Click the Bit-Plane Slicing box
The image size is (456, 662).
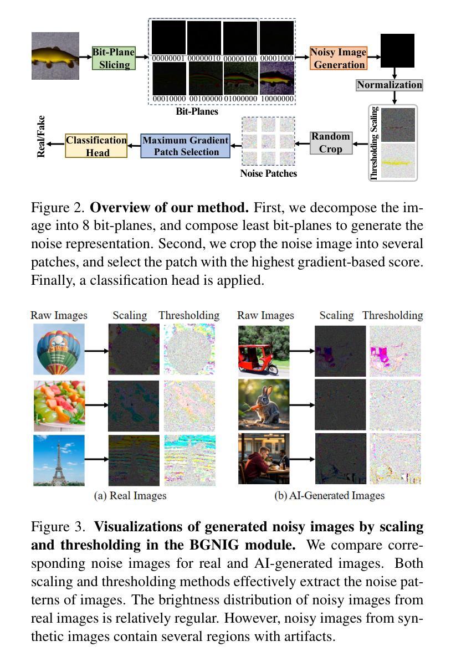coord(114,58)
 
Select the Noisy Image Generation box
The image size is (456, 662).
coord(338,58)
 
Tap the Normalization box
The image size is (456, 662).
coord(389,85)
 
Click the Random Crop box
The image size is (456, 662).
coord(331,142)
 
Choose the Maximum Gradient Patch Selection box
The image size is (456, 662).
coord(185,146)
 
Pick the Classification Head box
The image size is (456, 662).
coord(96,146)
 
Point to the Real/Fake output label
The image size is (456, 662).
coord(41,136)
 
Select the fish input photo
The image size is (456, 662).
coord(55,56)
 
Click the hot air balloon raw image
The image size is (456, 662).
coord(59,350)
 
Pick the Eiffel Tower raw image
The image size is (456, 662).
coord(59,460)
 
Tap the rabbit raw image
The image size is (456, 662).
coord(264,405)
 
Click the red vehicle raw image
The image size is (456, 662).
coord(264,350)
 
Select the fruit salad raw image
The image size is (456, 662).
coord(59,405)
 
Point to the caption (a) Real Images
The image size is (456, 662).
coord(130,495)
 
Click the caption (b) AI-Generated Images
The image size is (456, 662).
coord(329,495)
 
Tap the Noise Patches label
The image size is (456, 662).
coord(268,173)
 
